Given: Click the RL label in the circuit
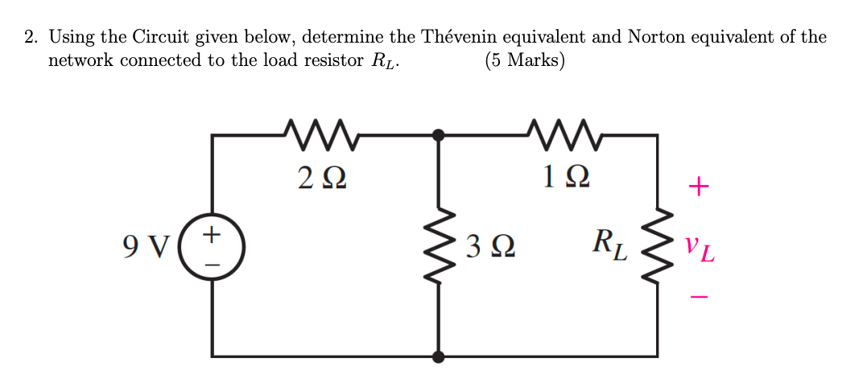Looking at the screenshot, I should (608, 244).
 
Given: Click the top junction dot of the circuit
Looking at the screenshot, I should (438, 136).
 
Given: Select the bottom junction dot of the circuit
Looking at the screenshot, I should (438, 355).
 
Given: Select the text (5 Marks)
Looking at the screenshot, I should (524, 61).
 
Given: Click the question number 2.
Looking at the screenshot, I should (29, 37).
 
